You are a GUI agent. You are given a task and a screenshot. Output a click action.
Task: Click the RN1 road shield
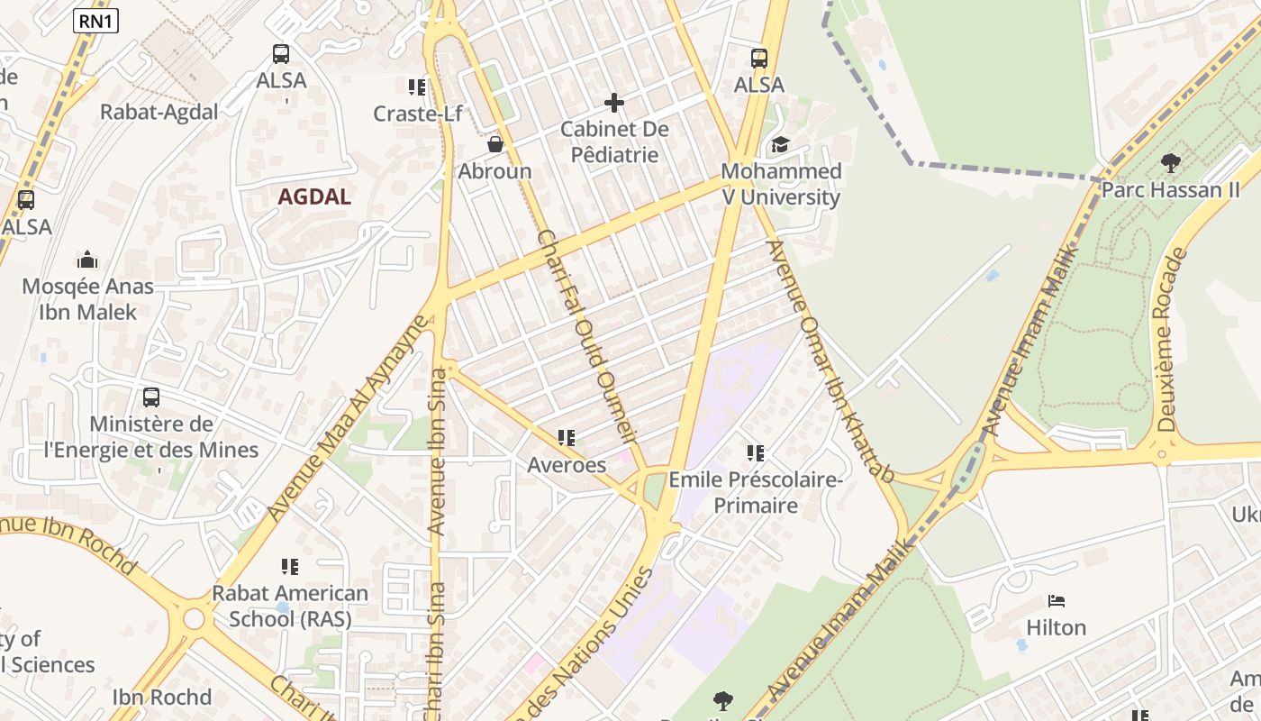point(95,21)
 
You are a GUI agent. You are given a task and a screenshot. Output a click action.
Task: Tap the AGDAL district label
point(314,196)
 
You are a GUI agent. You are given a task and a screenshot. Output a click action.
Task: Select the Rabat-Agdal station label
point(159,112)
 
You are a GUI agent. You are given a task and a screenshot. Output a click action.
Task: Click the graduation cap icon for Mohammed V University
point(780,145)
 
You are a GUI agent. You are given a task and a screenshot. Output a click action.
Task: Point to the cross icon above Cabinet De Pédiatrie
point(614,103)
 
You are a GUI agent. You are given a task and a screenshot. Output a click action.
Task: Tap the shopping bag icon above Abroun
point(494,144)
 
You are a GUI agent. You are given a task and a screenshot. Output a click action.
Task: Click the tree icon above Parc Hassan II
point(1170,163)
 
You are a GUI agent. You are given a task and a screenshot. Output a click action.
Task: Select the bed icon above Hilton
point(1057,601)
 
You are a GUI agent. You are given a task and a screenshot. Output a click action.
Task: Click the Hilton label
point(1057,627)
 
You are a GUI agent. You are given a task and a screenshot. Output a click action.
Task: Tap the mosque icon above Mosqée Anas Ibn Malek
point(87,260)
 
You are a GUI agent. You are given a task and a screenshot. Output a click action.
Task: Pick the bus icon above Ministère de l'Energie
point(151,397)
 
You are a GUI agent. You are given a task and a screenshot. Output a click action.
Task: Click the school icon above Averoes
point(567,439)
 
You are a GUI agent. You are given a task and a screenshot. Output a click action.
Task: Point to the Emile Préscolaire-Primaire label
point(756,492)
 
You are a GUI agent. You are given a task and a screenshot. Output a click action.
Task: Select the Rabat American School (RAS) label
point(290,606)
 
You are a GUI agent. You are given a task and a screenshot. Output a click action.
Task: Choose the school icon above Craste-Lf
point(417,87)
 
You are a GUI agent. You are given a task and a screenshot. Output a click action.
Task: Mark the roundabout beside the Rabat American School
point(195,619)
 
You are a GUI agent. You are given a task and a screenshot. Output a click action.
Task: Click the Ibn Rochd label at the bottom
point(162,697)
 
